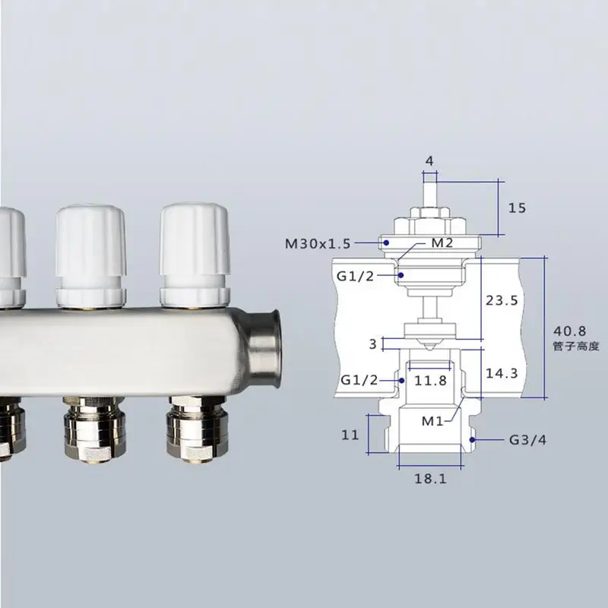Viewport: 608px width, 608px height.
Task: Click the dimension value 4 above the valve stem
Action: click(x=429, y=161)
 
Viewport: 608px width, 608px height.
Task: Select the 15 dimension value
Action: click(x=517, y=207)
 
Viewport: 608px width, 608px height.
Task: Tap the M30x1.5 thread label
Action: click(x=318, y=244)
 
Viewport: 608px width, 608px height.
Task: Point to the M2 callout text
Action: click(x=443, y=243)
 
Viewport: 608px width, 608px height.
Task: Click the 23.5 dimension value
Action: click(x=502, y=300)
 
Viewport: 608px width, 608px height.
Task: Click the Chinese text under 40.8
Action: click(x=577, y=347)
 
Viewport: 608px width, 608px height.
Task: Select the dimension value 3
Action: click(x=372, y=344)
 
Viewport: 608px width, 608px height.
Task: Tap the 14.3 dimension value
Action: click(x=502, y=374)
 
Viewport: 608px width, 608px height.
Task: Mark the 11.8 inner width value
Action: click(x=431, y=381)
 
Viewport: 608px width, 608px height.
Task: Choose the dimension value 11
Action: click(x=350, y=435)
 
